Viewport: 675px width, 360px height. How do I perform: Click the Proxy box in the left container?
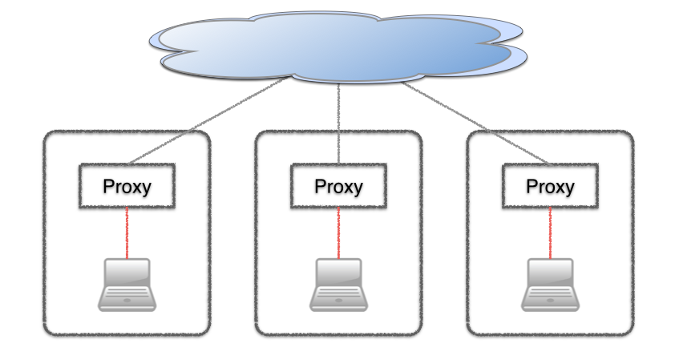point(127,186)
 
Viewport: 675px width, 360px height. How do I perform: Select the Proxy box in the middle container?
point(338,186)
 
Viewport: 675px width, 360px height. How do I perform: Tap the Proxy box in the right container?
point(550,186)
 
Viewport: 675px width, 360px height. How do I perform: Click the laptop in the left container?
point(127,285)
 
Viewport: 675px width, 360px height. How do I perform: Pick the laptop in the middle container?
point(338,285)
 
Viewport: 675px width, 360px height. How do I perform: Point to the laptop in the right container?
point(550,285)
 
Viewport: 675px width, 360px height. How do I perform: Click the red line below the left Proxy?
point(127,232)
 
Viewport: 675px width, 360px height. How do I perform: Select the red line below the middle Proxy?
point(338,232)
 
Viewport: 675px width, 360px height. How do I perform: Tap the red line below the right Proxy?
point(550,232)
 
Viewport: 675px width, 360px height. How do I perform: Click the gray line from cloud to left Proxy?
point(204,121)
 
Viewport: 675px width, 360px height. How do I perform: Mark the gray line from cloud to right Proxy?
point(473,121)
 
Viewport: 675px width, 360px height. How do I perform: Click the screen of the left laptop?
point(127,273)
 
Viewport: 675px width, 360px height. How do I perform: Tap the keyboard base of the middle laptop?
point(338,298)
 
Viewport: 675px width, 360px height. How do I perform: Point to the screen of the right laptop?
point(550,273)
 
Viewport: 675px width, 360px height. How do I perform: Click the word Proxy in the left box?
point(127,187)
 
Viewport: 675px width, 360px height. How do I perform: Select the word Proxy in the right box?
point(550,187)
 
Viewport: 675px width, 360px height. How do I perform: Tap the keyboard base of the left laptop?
point(127,298)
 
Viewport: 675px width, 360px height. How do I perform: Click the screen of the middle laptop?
point(338,273)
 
